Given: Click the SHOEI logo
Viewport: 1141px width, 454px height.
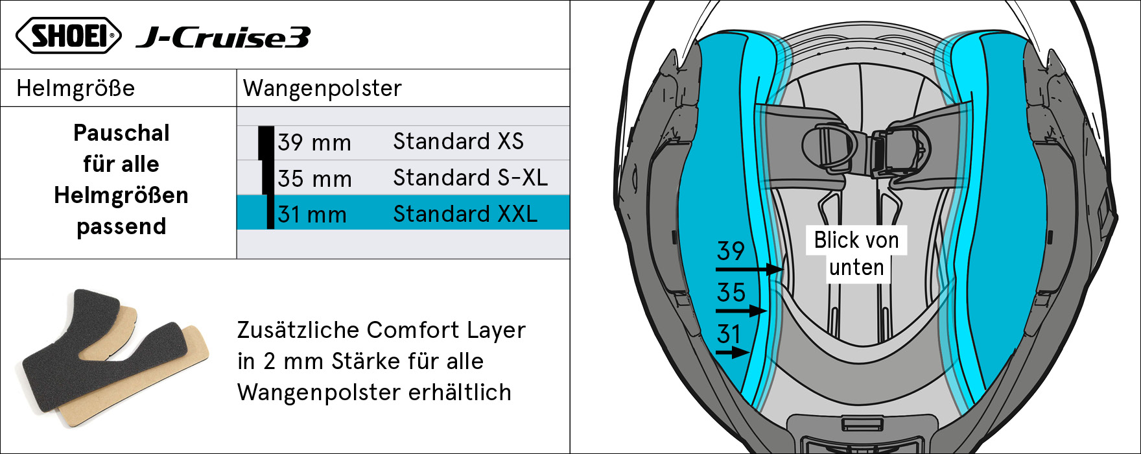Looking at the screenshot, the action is coord(68,35).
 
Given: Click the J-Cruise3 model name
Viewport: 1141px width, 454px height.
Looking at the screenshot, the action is coord(222,38).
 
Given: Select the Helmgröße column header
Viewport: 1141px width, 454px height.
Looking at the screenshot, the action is coord(76,88).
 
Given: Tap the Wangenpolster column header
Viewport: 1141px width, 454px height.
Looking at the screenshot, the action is coord(322,88).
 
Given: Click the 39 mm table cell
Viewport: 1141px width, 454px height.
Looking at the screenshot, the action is coord(314,143).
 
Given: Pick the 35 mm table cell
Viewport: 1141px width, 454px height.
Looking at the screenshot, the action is coord(314,178).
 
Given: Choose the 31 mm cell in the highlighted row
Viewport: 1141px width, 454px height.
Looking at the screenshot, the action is coord(312,214).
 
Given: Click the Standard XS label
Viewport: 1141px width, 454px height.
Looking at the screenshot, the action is coord(458,141).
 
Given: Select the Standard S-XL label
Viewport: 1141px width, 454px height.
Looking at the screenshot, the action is coord(471,177).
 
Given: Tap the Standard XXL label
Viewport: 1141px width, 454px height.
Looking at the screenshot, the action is coord(465,213).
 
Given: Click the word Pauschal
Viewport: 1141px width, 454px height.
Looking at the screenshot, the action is coord(121,133).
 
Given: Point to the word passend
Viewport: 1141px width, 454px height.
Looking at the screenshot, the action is coord(121,226).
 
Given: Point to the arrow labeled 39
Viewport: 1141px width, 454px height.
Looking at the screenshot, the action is coord(749,269).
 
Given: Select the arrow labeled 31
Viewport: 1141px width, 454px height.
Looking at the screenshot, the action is coord(733,353).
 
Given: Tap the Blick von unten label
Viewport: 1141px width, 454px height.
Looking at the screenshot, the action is coord(856,254).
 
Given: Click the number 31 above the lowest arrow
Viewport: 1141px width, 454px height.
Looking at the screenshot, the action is coord(729,335).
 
